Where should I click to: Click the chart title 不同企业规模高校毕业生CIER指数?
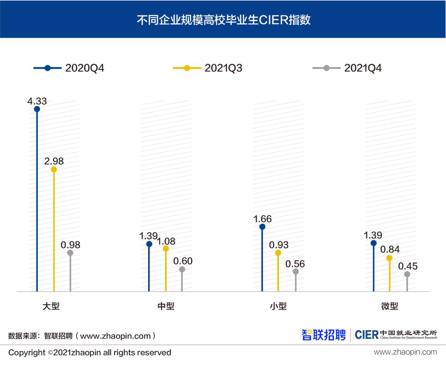pyautogui.click(x=224, y=20)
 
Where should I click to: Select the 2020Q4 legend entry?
pyautogui.click(x=69, y=68)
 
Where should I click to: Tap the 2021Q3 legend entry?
pyautogui.click(x=208, y=68)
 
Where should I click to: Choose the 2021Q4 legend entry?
pyautogui.click(x=347, y=68)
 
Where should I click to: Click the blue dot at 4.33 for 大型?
pyautogui.click(x=37, y=109)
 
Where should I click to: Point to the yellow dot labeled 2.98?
pyautogui.click(x=54, y=169)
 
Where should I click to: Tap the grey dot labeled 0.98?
pyautogui.click(x=70, y=253)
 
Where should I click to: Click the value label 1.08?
pyautogui.click(x=166, y=241)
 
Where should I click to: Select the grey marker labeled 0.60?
pyautogui.click(x=182, y=269)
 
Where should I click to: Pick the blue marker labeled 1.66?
pyautogui.click(x=262, y=227)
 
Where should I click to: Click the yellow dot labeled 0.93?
pyautogui.click(x=278, y=253)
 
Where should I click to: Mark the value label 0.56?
pyautogui.click(x=295, y=264)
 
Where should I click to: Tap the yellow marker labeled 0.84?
pyautogui.click(x=389, y=258)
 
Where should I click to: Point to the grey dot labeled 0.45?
pyautogui.click(x=407, y=274)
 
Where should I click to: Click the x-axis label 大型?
pyautogui.click(x=51, y=306)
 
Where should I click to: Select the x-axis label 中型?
pyautogui.click(x=166, y=306)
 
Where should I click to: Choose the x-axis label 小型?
pyautogui.click(x=278, y=306)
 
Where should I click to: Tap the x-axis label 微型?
pyautogui.click(x=390, y=306)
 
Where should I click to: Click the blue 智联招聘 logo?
pyautogui.click(x=323, y=335)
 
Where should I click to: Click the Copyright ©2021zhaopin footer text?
pyautogui.click(x=90, y=353)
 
